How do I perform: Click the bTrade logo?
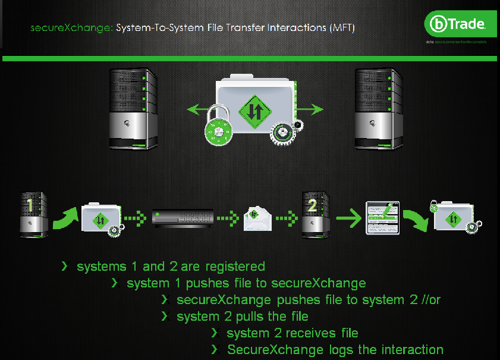pyautogui.click(x=457, y=24)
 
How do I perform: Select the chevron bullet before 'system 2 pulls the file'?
pyautogui.click(x=164, y=316)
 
